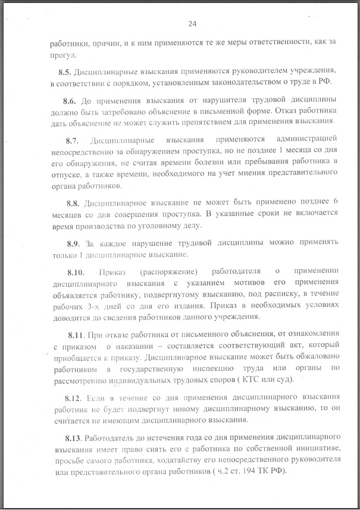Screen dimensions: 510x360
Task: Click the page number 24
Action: point(192,24)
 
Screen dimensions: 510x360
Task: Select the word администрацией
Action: point(293,140)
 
